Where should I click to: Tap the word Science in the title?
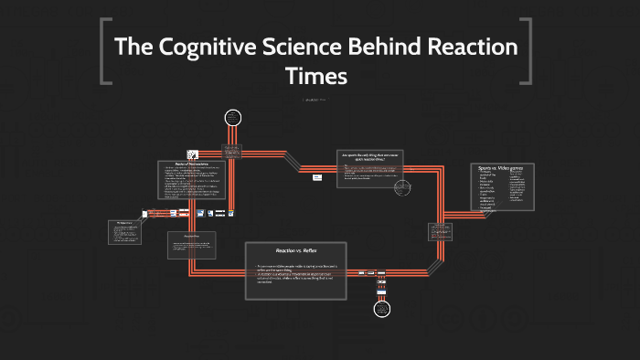tap(321, 47)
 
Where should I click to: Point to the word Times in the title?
tap(315, 77)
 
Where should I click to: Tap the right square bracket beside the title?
tap(527, 52)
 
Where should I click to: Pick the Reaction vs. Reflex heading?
tap(297, 249)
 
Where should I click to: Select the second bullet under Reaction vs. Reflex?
tap(297, 280)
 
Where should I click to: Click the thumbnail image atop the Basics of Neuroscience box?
tap(193, 155)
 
